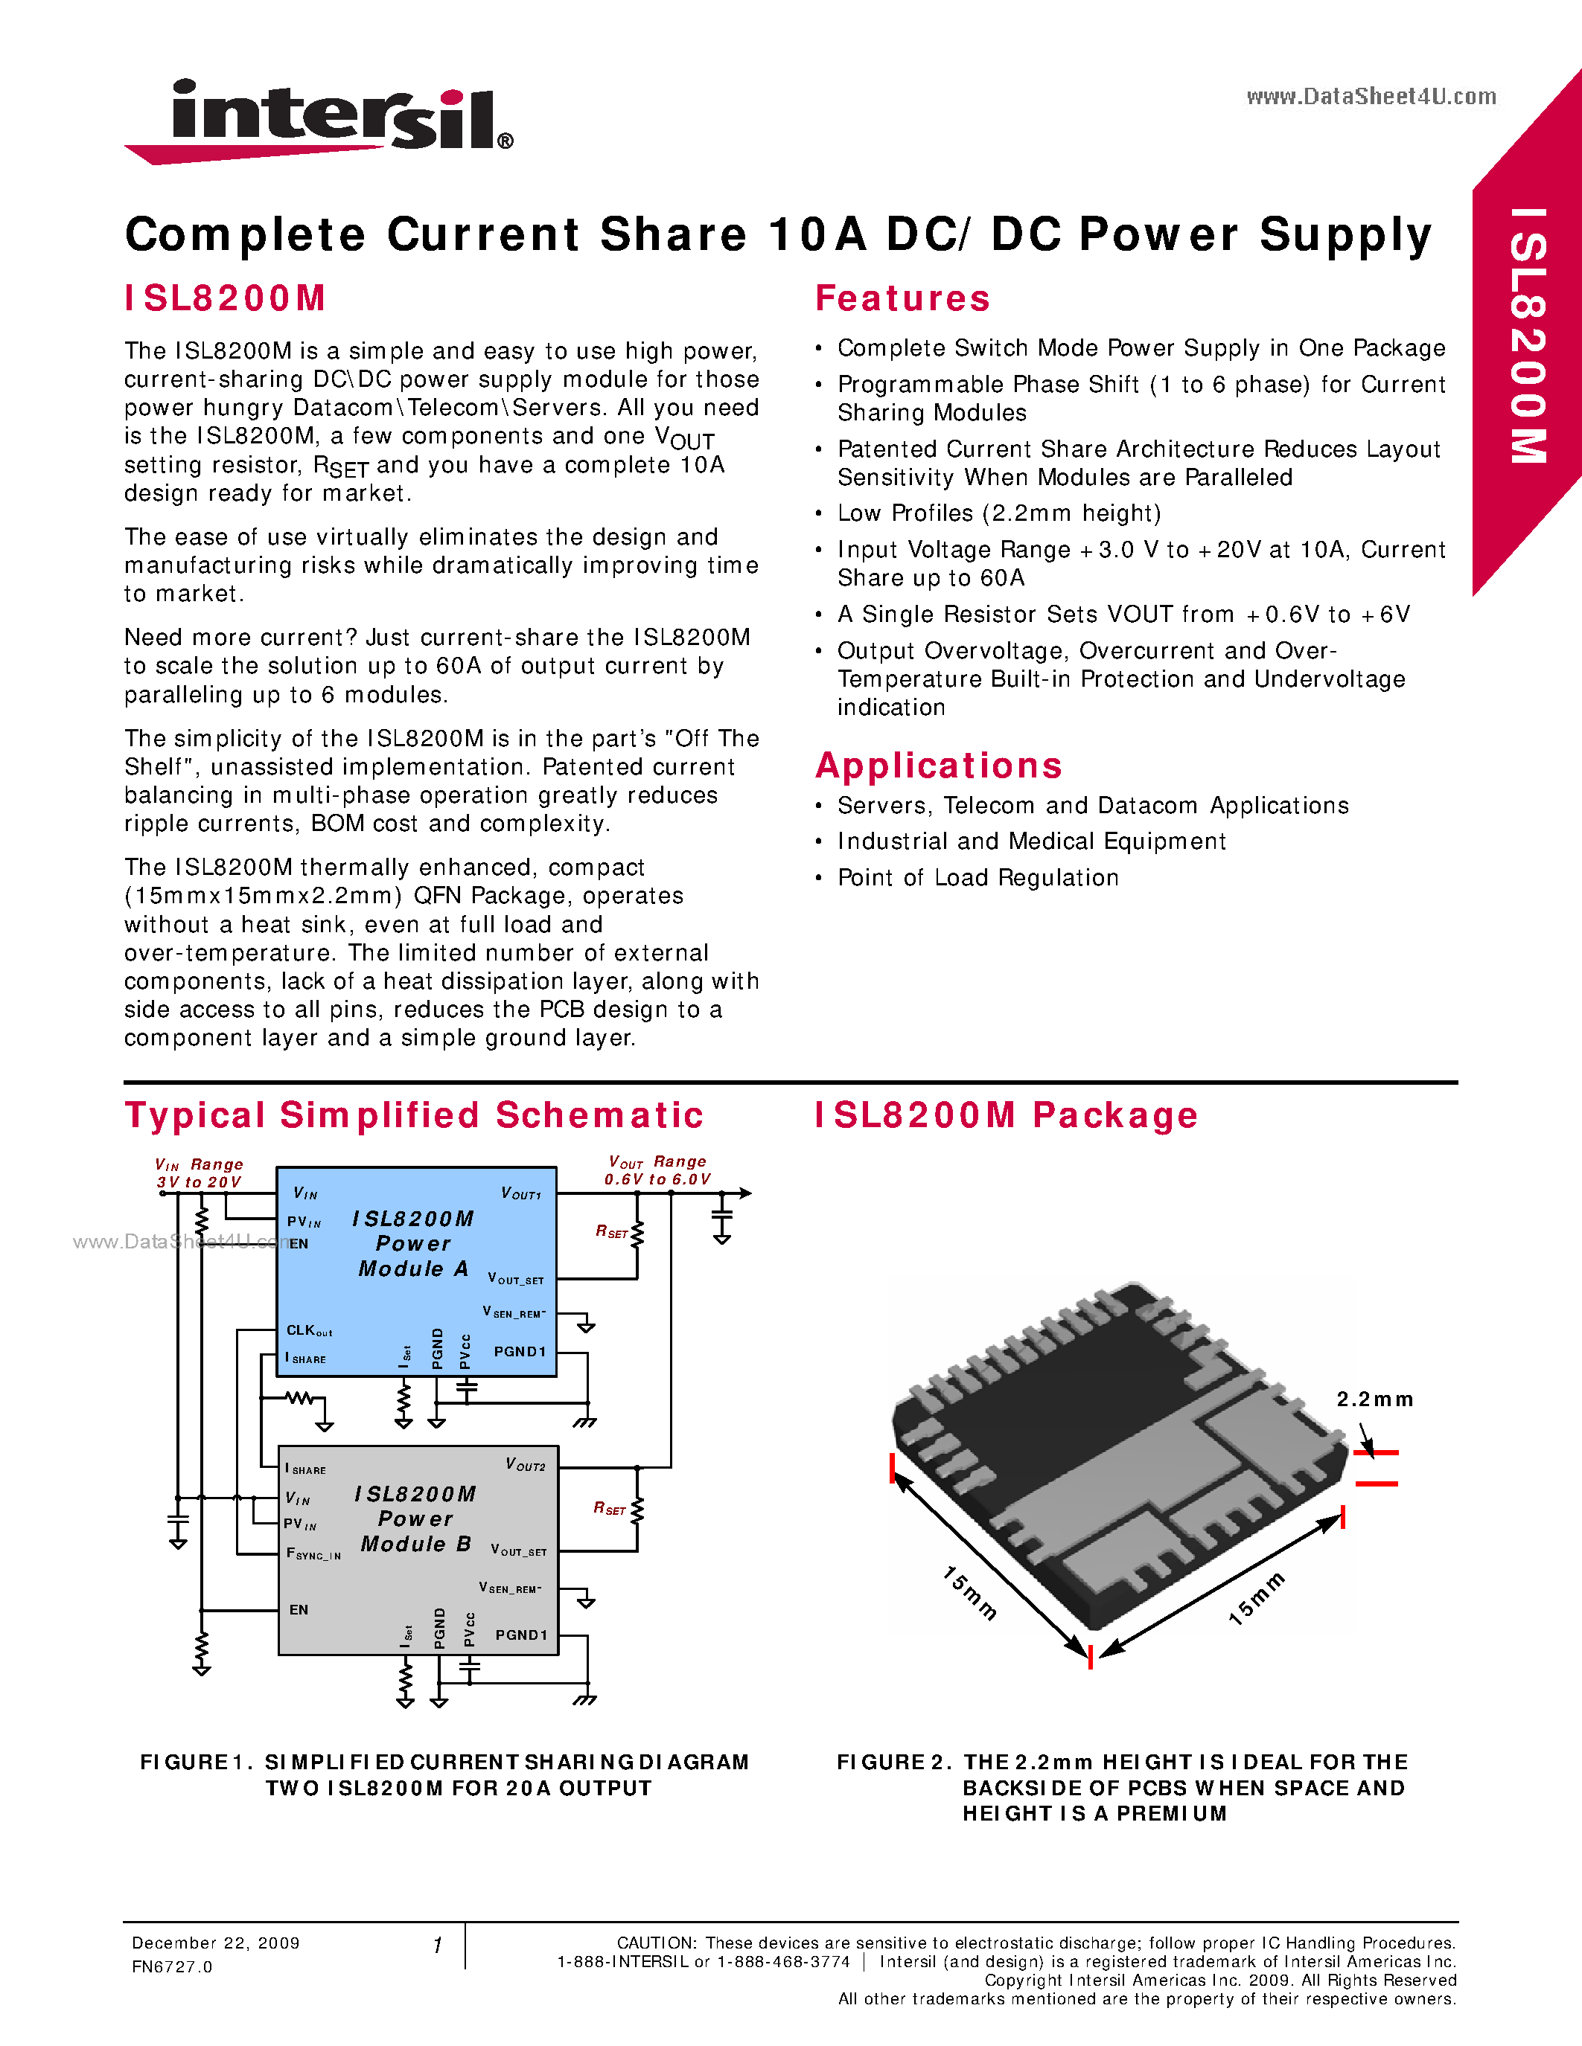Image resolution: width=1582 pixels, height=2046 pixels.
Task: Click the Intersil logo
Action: click(319, 120)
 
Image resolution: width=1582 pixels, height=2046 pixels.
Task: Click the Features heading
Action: click(902, 299)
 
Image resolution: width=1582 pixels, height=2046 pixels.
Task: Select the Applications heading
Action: click(938, 766)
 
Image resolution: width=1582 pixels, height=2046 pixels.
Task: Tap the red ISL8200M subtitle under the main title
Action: click(225, 299)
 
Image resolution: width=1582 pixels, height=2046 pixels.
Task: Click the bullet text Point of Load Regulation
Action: click(977, 878)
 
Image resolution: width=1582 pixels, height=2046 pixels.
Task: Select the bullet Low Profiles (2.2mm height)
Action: click(998, 513)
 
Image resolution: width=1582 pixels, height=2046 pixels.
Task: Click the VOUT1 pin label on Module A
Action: click(521, 1193)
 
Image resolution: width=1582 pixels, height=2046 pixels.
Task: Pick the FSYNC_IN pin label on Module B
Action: click(313, 1553)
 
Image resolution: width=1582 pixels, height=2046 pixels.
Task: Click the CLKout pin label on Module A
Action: click(309, 1330)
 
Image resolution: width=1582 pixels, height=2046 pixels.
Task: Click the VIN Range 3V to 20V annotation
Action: click(199, 1173)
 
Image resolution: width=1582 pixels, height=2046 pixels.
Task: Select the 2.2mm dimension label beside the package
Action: click(1374, 1399)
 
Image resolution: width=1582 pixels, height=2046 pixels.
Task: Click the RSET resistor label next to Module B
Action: click(609, 1507)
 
